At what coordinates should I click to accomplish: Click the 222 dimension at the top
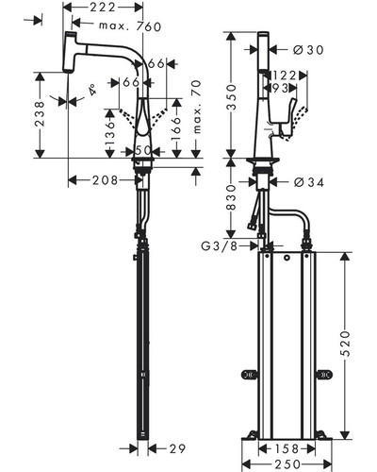(103, 7)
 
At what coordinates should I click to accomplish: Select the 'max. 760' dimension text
(130, 26)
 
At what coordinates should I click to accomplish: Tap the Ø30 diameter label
(308, 50)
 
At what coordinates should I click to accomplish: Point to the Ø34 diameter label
(309, 182)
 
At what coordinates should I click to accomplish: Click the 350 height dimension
(232, 96)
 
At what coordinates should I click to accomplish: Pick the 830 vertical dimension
(232, 197)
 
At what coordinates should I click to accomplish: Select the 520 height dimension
(345, 344)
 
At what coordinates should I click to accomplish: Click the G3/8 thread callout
(220, 245)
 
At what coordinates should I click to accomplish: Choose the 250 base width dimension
(287, 464)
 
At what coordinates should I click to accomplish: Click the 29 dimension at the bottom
(177, 448)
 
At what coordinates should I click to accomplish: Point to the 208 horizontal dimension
(105, 180)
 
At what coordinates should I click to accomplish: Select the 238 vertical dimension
(40, 114)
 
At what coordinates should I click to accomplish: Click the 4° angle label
(92, 90)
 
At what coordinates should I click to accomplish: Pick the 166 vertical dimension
(177, 129)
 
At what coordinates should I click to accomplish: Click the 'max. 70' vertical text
(196, 107)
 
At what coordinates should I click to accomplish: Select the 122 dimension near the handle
(285, 76)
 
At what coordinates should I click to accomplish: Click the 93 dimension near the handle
(280, 89)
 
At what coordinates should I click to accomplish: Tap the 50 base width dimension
(143, 150)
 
